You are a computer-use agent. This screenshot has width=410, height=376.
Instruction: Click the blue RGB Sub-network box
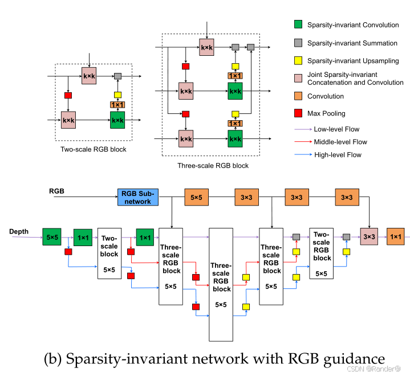point(137,197)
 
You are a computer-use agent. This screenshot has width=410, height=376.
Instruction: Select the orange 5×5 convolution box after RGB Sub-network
point(196,197)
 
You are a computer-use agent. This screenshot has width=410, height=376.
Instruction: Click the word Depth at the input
point(19,232)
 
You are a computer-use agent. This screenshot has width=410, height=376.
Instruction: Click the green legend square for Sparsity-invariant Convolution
point(297,24)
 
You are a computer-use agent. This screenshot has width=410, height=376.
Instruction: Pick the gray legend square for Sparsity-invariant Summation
point(297,43)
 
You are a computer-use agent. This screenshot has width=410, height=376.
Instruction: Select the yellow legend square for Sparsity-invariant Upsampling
point(297,60)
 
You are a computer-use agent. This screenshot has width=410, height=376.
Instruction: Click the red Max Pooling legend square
point(297,113)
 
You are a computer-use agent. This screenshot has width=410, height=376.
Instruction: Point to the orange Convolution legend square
point(297,96)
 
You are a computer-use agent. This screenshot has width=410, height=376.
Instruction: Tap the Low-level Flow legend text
point(336,130)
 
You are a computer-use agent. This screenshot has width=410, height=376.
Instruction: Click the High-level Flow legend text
point(337,154)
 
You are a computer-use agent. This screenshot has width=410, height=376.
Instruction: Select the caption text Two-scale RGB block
point(94,149)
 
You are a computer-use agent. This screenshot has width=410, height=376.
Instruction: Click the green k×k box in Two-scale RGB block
point(117,120)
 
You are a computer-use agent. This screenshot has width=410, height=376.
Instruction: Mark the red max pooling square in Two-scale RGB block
point(68,95)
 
